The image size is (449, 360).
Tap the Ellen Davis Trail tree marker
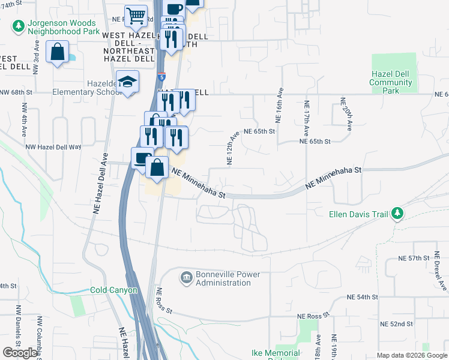(397, 213)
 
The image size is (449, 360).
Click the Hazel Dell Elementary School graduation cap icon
(128, 81)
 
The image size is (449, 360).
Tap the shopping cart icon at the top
(136, 14)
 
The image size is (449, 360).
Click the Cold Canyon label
(114, 290)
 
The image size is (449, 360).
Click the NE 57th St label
(414, 258)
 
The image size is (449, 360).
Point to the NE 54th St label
(363, 297)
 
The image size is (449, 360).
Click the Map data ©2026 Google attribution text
(412, 355)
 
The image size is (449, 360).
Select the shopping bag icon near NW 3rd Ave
(57, 53)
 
